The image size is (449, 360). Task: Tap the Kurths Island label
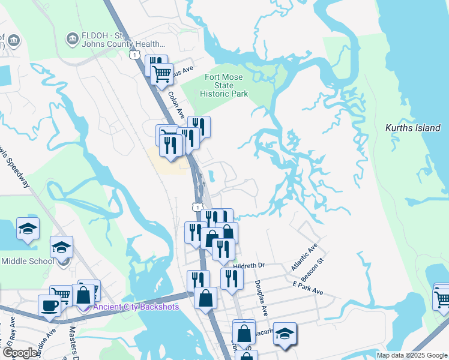click(x=412, y=128)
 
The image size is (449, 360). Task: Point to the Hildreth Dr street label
click(x=249, y=265)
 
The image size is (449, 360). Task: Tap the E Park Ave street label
click(x=308, y=289)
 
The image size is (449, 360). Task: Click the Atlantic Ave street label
click(x=304, y=257)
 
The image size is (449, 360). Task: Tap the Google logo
click(x=19, y=353)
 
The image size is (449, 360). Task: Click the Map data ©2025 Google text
click(x=412, y=355)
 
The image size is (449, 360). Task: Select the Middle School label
click(x=28, y=261)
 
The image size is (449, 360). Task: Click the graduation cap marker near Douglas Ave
click(x=285, y=334)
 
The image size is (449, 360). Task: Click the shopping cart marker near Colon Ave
click(x=161, y=74)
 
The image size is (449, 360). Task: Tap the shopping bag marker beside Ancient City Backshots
click(x=83, y=295)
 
